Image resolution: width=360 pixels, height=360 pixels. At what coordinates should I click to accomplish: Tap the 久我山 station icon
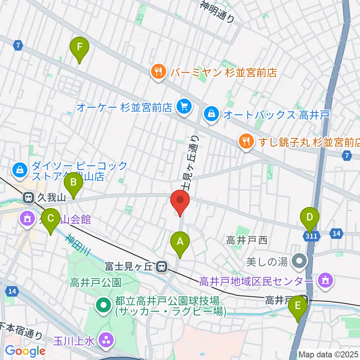(x=28, y=198)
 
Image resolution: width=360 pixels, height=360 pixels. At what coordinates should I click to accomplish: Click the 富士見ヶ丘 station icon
(x=162, y=267)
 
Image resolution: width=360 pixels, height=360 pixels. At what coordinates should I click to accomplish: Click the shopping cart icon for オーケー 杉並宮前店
(x=184, y=107)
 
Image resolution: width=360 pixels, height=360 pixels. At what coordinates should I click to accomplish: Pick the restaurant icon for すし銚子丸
(x=246, y=142)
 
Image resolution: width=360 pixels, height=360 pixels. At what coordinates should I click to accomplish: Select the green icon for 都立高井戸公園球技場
(x=103, y=306)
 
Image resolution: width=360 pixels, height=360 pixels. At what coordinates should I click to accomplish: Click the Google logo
(x=25, y=351)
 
